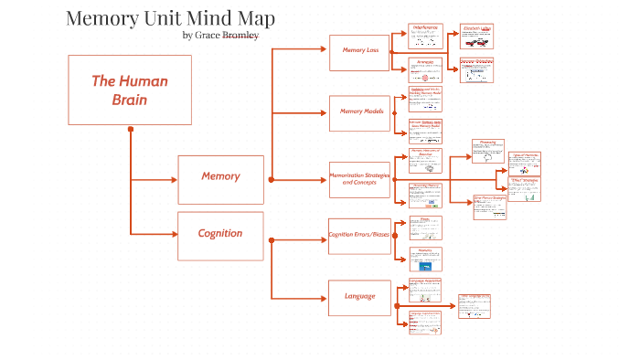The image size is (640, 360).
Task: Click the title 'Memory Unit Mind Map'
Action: pyautogui.click(x=171, y=18)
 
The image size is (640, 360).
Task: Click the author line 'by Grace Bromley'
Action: pyautogui.click(x=220, y=36)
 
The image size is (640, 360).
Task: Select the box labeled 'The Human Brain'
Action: pyautogui.click(x=130, y=90)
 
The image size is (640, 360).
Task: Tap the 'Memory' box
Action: pyautogui.click(x=220, y=176)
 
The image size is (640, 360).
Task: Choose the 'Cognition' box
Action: pyautogui.click(x=220, y=233)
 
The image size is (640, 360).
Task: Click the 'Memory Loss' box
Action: pyautogui.click(x=359, y=50)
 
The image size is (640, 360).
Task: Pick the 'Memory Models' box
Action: pyautogui.click(x=359, y=111)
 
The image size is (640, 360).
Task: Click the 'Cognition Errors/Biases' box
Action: pyautogui.click(x=359, y=236)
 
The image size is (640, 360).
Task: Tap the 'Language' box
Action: pyautogui.click(x=359, y=296)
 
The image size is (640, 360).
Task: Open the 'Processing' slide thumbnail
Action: pyautogui.click(x=488, y=152)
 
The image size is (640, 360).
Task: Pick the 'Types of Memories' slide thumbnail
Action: pyautogui.click(x=525, y=164)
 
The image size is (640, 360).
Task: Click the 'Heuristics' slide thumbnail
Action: pyautogui.click(x=425, y=259)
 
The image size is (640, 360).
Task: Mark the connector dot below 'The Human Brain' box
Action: pyautogui.click(x=131, y=129)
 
